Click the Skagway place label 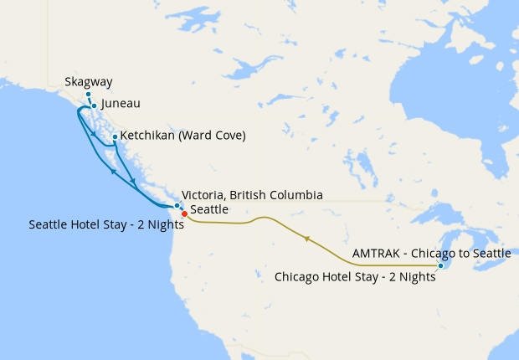(x=88, y=82)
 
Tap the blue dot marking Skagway (x=87, y=94)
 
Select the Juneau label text (x=120, y=105)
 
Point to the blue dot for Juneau (x=94, y=105)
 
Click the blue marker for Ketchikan (x=115, y=136)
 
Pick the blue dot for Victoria (x=177, y=205)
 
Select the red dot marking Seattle (x=184, y=213)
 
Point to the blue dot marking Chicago (x=441, y=266)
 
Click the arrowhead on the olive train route (x=307, y=239)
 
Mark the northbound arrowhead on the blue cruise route (x=112, y=170)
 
